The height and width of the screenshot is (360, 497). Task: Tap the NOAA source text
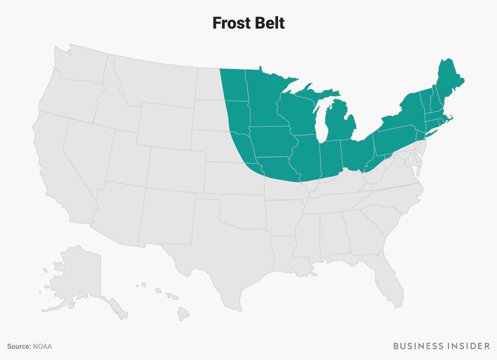(43, 346)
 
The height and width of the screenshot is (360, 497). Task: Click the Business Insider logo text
(441, 346)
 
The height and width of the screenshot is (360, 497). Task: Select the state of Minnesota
(264, 101)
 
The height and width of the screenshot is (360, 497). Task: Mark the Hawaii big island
(183, 312)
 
